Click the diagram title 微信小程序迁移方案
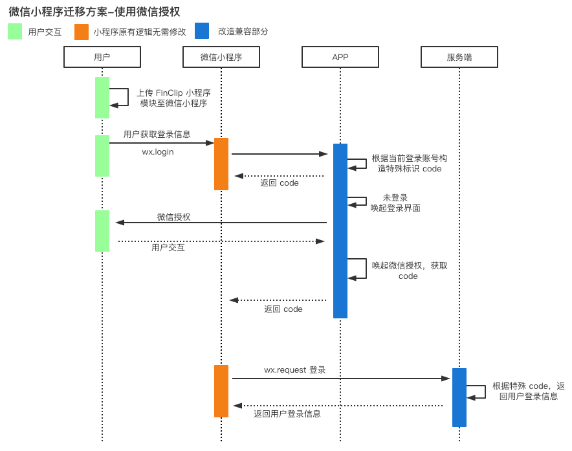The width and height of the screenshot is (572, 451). (94, 12)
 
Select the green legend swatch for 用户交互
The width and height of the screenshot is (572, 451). (15, 31)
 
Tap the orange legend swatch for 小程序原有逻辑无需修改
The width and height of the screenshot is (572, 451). (82, 32)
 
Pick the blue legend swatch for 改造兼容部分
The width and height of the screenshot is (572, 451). (202, 31)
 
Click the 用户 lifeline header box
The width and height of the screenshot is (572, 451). (102, 57)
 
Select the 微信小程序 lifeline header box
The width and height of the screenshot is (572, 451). (221, 57)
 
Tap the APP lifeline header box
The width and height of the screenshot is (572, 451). (340, 57)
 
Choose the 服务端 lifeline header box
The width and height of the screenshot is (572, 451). (459, 57)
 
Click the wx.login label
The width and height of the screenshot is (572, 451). (158, 152)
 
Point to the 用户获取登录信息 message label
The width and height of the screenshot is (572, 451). (157, 134)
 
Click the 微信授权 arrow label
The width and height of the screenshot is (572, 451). (173, 217)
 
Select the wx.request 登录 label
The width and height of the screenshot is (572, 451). (295, 370)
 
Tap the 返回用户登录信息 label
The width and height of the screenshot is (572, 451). (287, 413)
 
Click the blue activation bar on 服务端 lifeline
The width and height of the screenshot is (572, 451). (459, 397)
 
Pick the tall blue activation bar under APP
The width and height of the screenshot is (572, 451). (340, 231)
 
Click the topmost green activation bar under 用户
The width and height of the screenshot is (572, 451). (102, 98)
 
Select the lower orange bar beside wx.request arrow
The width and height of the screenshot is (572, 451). (221, 391)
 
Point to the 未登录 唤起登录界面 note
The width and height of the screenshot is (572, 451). (395, 203)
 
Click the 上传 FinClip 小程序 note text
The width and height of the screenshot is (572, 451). (173, 98)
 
